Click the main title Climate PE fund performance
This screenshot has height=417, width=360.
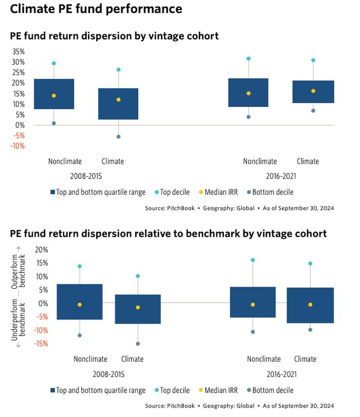click(96, 9)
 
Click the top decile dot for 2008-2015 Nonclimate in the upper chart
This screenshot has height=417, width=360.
click(54, 64)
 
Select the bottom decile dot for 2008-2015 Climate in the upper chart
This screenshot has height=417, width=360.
click(118, 137)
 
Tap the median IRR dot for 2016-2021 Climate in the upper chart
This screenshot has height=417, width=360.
click(313, 91)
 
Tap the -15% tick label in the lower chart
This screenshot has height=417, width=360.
click(40, 344)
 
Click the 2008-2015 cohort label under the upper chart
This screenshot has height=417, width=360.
click(86, 176)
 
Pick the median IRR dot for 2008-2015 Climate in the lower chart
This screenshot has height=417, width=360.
click(137, 307)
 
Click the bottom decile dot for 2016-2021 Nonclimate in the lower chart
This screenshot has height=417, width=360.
click(253, 332)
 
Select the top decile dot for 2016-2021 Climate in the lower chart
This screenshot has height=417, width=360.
click(310, 263)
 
